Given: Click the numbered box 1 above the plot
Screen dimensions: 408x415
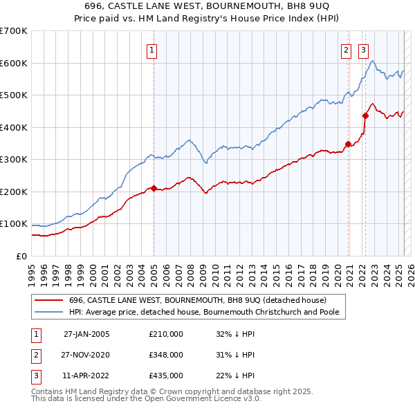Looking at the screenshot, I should pos(151,49).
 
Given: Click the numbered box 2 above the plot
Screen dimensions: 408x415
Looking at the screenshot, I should pos(345,49).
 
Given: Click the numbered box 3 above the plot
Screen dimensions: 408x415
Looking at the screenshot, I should pos(363,49).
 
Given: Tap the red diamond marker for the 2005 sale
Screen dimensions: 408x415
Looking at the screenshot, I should pos(154,188).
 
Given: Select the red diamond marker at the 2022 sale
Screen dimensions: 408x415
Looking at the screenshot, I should pos(365,116).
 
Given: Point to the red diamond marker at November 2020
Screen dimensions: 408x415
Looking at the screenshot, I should pos(348,144).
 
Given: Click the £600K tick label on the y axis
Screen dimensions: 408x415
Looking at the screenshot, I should pos(14,63).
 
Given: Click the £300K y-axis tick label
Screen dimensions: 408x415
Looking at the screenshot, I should pos(14,160).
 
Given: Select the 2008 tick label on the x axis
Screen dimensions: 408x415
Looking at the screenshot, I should pos(191,272).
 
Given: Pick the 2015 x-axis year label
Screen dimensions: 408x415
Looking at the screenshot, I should pos(276,272).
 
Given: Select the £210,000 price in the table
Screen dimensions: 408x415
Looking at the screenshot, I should pos(166,333).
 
